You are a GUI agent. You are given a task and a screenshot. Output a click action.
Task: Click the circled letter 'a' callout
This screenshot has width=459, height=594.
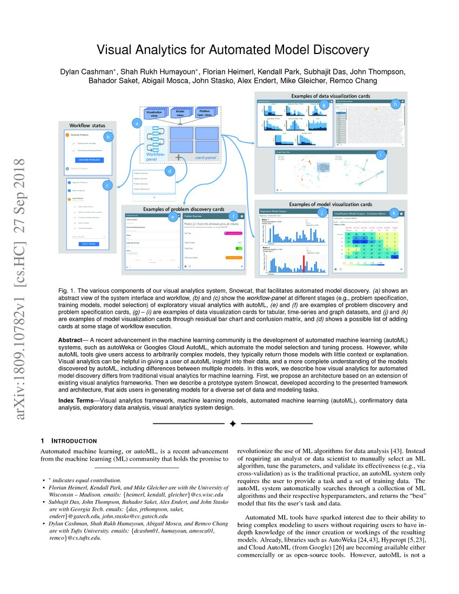(137, 123)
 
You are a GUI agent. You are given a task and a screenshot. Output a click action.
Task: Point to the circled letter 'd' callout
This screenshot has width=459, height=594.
(170, 172)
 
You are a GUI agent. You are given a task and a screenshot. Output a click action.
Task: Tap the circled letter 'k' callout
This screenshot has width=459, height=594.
(395, 213)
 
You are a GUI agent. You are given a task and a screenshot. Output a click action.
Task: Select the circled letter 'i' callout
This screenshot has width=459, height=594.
(382, 155)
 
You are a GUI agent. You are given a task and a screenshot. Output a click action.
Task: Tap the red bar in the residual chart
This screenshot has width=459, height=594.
(303, 263)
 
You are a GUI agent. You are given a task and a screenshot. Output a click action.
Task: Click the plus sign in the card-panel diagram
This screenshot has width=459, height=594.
(177, 157)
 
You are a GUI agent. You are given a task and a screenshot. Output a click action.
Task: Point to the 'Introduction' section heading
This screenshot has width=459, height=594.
(73, 441)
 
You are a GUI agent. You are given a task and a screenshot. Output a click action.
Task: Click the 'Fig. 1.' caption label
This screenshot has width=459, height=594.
(66, 291)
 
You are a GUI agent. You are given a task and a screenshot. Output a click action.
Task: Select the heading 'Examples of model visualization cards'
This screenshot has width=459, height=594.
(330, 204)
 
